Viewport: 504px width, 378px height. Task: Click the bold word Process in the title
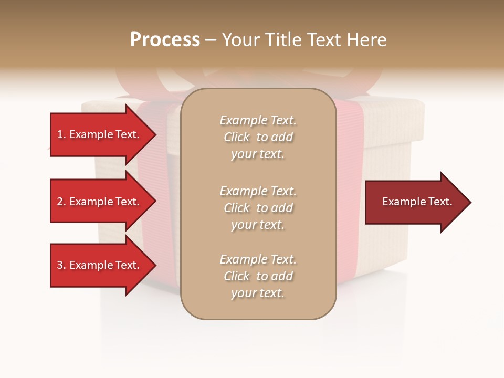tap(165, 40)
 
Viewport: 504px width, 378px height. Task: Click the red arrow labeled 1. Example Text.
tap(98, 134)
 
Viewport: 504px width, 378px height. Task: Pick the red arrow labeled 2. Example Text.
tap(98, 202)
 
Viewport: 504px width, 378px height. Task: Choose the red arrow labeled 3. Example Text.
tap(98, 265)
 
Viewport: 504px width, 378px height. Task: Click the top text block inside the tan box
tap(258, 137)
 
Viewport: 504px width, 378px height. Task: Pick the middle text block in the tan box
tap(258, 208)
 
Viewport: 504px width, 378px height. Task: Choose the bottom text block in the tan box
tap(258, 276)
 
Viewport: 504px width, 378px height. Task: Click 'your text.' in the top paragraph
tap(258, 154)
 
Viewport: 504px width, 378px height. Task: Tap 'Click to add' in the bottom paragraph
tap(258, 276)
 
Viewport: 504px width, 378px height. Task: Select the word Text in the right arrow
tap(441, 202)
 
